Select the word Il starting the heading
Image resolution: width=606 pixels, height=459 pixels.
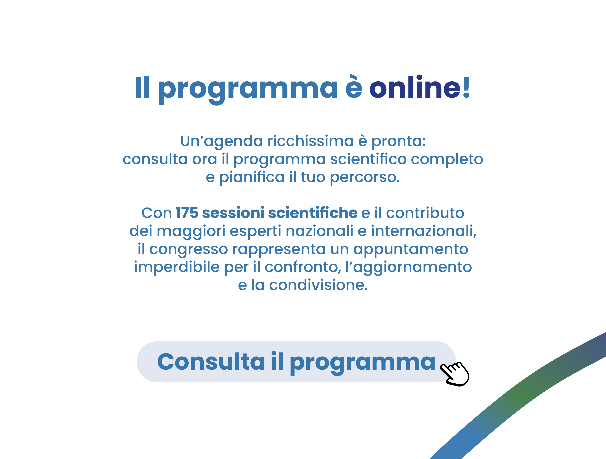(x=142, y=87)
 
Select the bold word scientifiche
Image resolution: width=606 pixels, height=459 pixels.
(x=313, y=213)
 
